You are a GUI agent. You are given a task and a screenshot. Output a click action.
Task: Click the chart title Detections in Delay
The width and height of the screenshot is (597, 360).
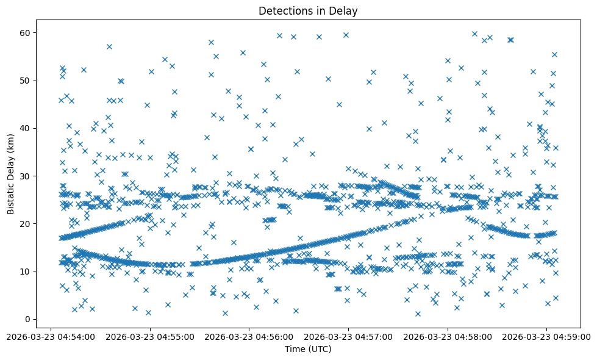pos(308,10)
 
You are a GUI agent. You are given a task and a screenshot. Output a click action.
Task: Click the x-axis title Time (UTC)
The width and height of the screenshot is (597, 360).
pos(308,349)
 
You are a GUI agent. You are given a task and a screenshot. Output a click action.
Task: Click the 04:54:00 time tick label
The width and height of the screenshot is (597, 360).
pos(51,336)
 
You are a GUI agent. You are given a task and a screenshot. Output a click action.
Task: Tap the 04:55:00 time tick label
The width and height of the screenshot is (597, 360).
pos(151,336)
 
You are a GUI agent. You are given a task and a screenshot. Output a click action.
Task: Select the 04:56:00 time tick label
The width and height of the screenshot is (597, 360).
pos(249,336)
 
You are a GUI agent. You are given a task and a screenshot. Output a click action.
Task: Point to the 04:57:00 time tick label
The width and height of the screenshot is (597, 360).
pos(349,336)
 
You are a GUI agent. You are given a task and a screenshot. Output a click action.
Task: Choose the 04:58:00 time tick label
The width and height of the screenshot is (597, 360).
pos(448,336)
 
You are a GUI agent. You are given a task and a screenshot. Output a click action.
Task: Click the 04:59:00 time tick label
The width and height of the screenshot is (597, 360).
pos(547,336)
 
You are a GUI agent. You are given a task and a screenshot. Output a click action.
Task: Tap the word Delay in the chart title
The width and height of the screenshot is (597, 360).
pos(345,10)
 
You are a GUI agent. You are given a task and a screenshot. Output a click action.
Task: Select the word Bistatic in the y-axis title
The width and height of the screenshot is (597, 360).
pos(10,194)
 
